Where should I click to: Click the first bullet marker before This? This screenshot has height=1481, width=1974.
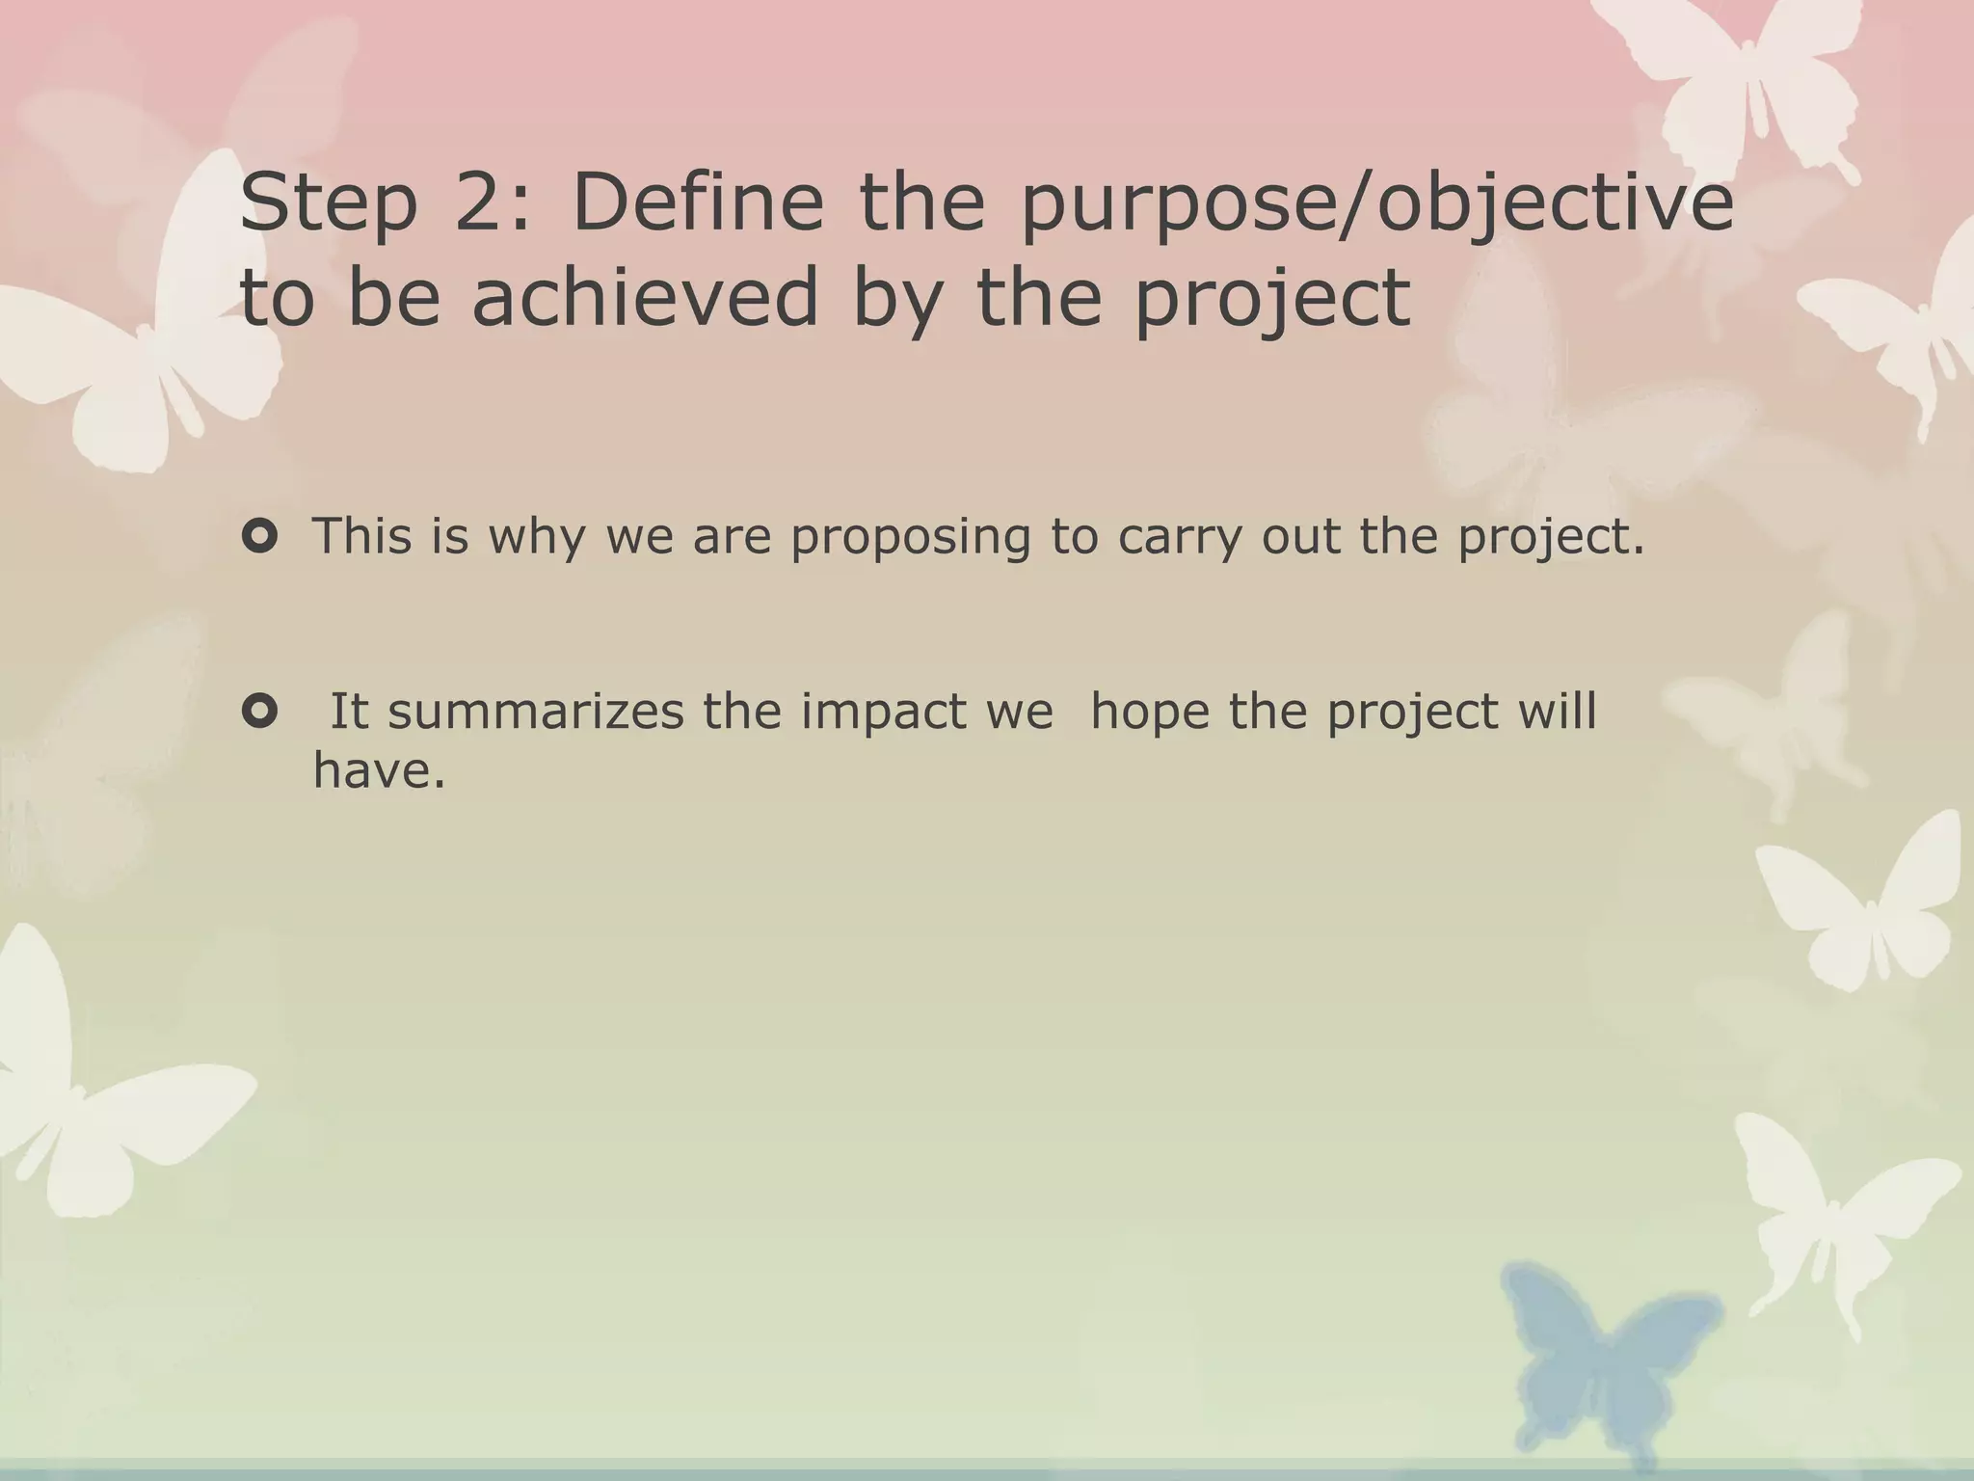pyautogui.click(x=259, y=536)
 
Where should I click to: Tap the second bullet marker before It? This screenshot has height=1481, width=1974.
pyautogui.click(x=259, y=712)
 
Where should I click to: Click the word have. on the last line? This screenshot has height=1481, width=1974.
pyautogui.click(x=380, y=771)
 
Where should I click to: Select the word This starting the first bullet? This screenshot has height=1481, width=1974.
pyautogui.click(x=362, y=536)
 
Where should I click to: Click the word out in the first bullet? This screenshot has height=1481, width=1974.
pyautogui.click(x=1300, y=538)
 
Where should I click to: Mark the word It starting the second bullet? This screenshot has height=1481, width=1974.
pyautogui.click(x=350, y=712)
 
